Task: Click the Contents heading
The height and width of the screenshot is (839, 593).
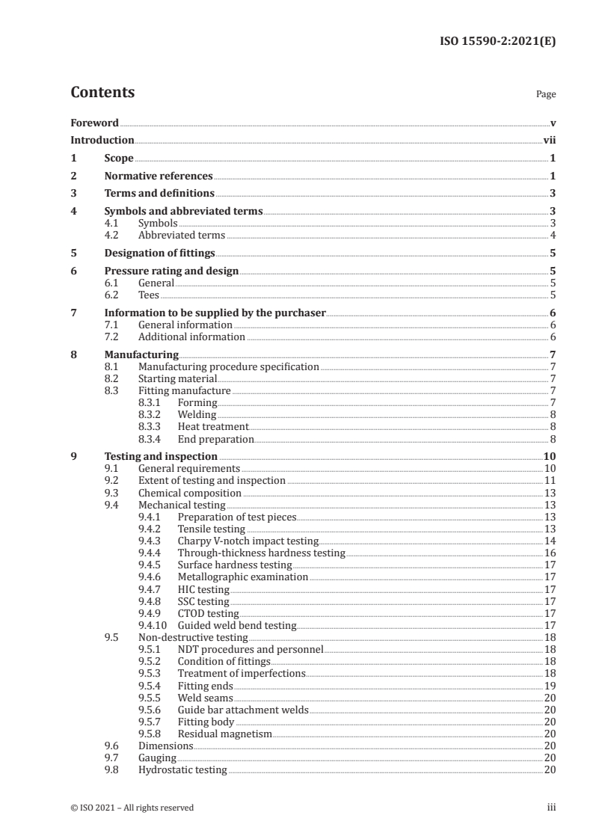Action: click(102, 93)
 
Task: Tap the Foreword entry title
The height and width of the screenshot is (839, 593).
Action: click(94, 123)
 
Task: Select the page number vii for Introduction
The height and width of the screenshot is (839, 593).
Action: click(549, 140)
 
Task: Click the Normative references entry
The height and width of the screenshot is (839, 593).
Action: click(159, 176)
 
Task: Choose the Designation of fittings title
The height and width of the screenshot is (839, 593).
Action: click(159, 253)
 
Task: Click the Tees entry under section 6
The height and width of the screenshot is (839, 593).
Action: click(149, 295)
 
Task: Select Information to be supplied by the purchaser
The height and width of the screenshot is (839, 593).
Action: click(215, 313)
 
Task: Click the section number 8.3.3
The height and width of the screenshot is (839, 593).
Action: click(152, 427)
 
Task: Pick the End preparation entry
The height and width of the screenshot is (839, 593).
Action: click(215, 439)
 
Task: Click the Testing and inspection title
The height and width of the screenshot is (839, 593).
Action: click(161, 456)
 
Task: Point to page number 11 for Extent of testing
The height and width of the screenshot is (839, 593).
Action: click(550, 481)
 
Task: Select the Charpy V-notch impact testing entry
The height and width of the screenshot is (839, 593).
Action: click(248, 541)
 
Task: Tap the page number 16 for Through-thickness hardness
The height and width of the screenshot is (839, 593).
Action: click(550, 553)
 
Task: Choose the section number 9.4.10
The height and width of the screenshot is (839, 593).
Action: click(154, 625)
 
